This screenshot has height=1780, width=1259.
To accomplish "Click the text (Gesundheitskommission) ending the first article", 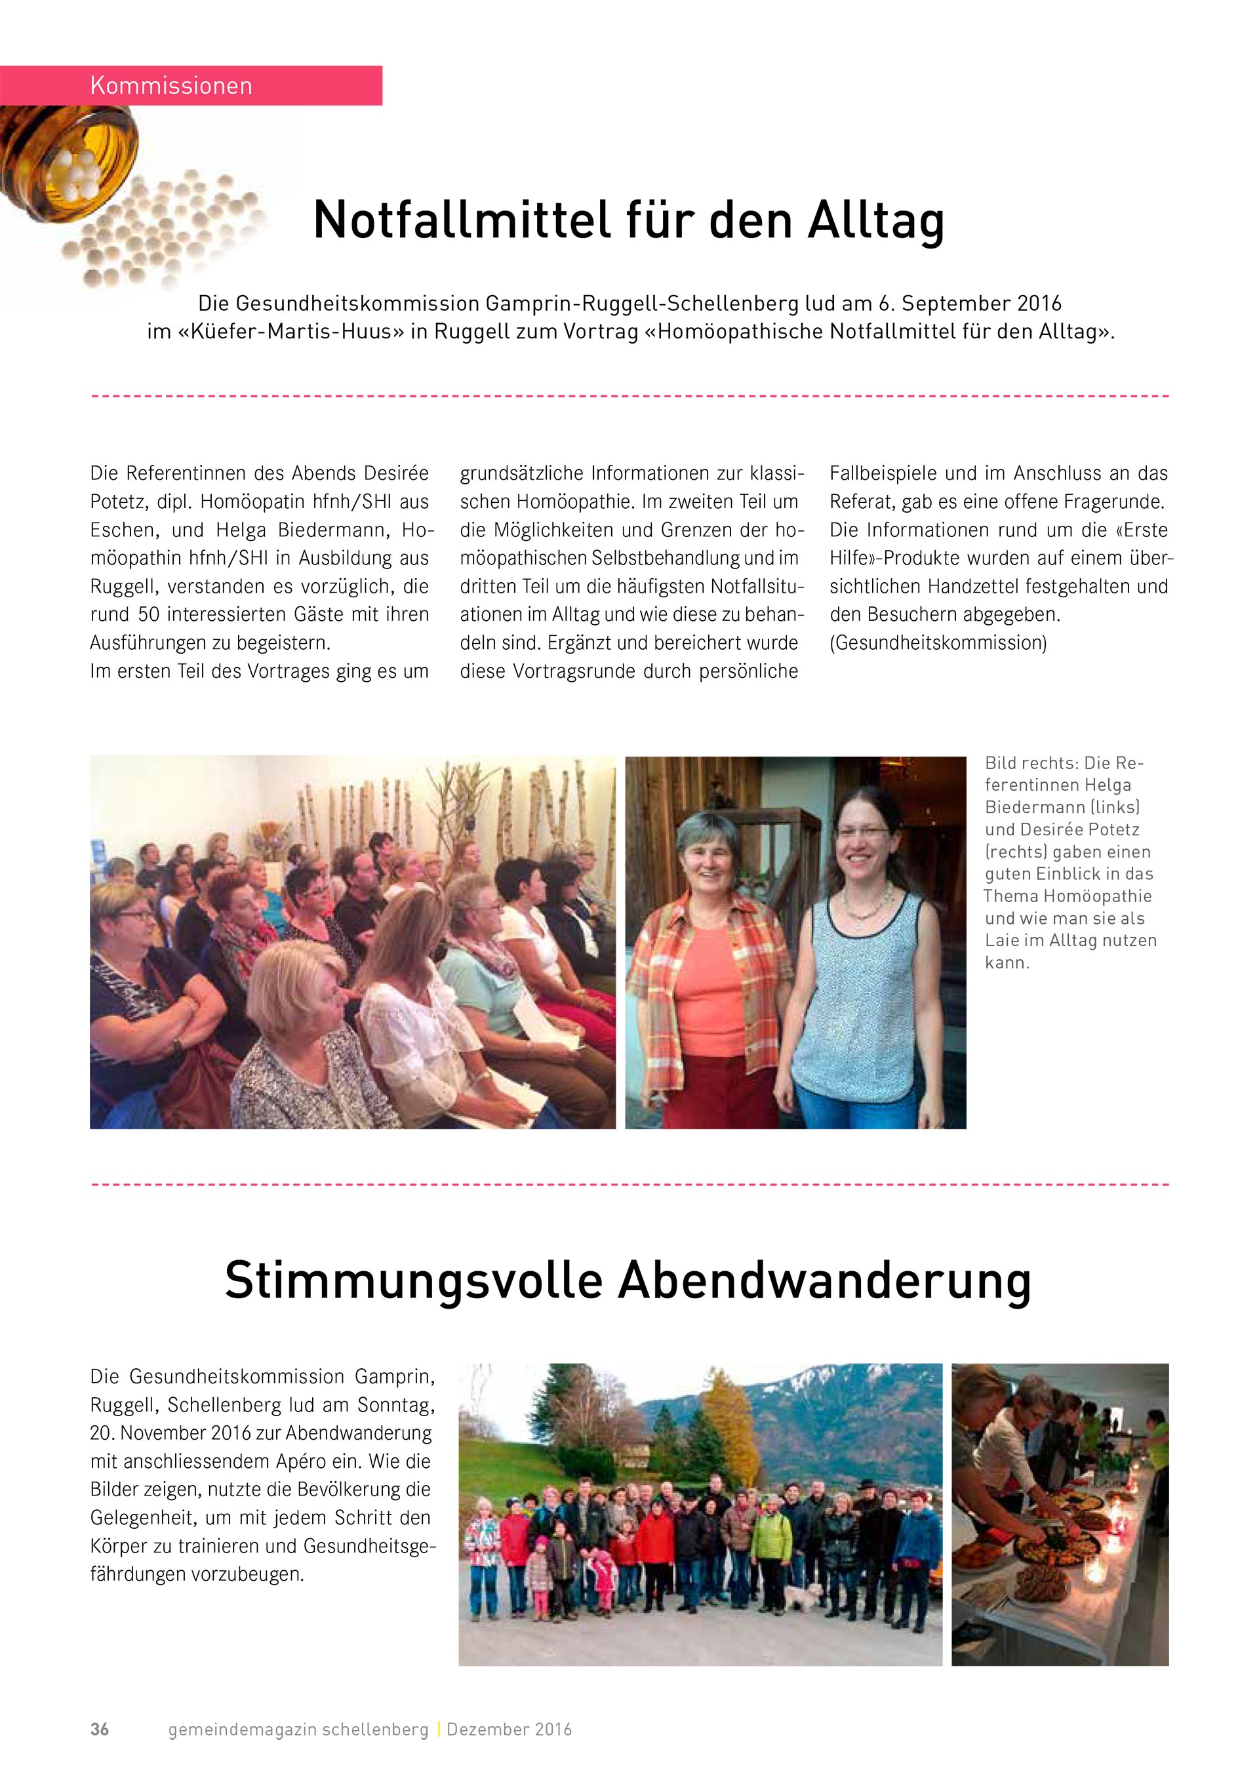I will click(x=938, y=643).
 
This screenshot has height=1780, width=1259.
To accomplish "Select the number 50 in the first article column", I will click(x=148, y=615).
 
